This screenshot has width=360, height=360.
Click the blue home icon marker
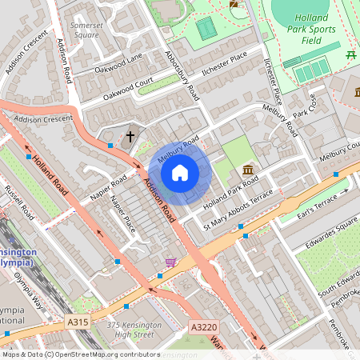(x=180, y=171)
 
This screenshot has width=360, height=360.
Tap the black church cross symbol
(x=130, y=136)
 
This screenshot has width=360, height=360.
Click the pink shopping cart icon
(x=170, y=262)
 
